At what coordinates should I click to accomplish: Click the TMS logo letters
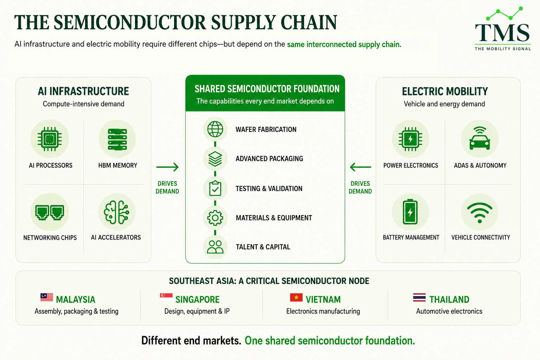tap(502, 33)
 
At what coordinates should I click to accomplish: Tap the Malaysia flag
tap(47, 297)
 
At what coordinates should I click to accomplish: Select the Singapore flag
tap(166, 297)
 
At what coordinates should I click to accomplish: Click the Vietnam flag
tap(296, 297)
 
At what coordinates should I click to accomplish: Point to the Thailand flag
tap(419, 297)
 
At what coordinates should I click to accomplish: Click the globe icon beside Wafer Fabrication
tap(215, 129)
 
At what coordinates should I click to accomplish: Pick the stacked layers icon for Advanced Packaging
tap(215, 159)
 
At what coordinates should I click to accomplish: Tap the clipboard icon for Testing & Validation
tap(215, 188)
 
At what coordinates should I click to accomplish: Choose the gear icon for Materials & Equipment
tap(215, 218)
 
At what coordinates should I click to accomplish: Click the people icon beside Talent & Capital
tap(215, 247)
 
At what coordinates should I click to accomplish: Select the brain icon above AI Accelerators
tap(117, 212)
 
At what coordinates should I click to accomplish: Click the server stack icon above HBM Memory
tap(117, 139)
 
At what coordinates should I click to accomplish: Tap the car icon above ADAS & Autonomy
tap(480, 139)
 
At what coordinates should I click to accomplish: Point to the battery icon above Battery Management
tap(410, 212)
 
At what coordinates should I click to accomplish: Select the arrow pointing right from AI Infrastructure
tap(167, 167)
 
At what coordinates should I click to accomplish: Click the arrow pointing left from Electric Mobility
tap(360, 167)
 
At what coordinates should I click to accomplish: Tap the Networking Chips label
tap(50, 238)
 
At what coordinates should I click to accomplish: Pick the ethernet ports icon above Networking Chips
tap(50, 212)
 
